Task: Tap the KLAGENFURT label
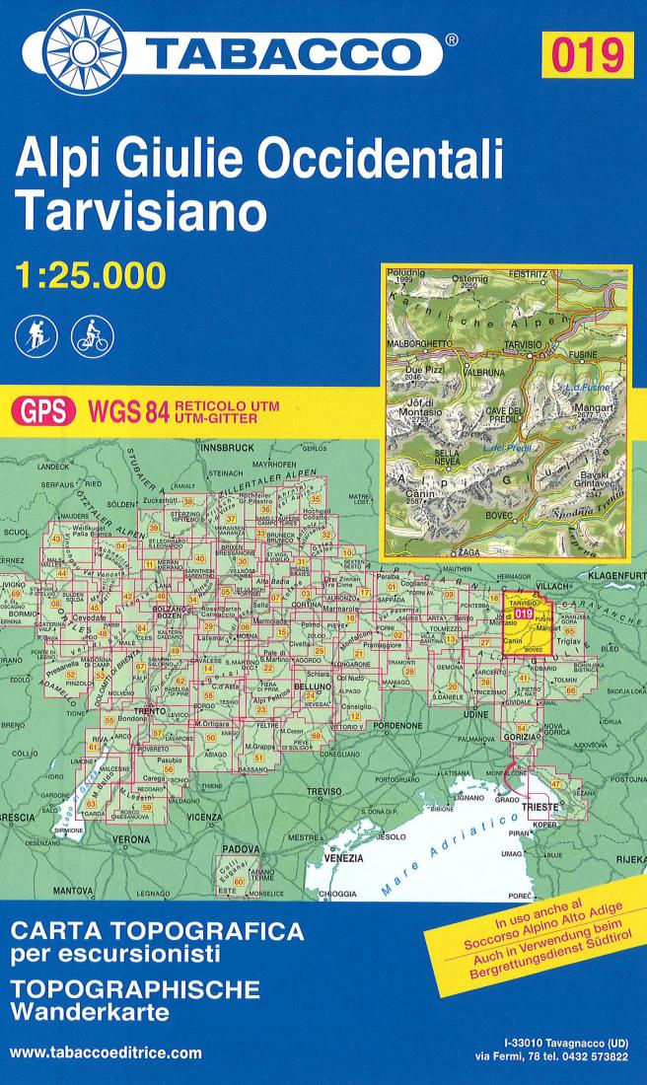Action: coord(612,573)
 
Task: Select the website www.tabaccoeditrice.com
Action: coord(106,1052)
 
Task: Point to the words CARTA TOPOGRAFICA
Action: coord(155,930)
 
